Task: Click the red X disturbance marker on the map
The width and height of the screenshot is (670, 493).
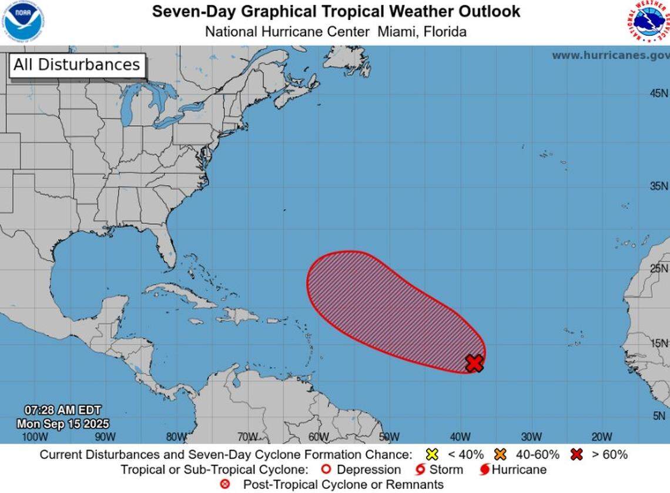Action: (x=474, y=363)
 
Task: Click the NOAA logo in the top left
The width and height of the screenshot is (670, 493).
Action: (x=23, y=22)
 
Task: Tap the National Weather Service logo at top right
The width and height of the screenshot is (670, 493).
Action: (x=648, y=22)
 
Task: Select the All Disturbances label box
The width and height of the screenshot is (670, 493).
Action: (x=76, y=65)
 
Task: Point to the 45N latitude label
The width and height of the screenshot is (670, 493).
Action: (x=658, y=93)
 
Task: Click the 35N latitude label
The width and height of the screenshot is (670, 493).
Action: (x=658, y=186)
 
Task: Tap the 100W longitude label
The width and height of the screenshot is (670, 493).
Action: (x=34, y=437)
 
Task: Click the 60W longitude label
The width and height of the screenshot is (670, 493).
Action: (x=318, y=437)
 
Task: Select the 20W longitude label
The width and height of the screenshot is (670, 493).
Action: (x=601, y=437)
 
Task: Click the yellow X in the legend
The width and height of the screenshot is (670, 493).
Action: (x=432, y=454)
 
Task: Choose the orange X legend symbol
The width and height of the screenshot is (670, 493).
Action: (x=501, y=454)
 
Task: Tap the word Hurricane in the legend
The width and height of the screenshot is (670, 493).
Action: (x=519, y=469)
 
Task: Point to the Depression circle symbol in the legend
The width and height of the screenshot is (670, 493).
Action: (x=326, y=469)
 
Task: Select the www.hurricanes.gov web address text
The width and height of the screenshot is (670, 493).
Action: (x=610, y=55)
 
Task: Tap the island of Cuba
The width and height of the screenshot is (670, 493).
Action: (x=176, y=294)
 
